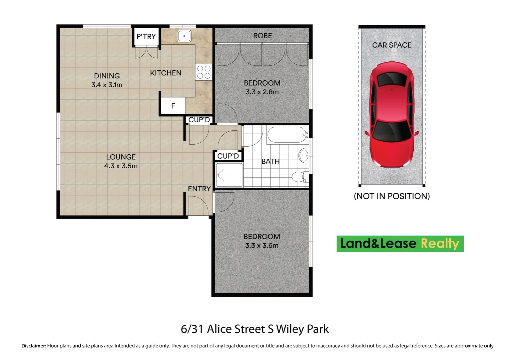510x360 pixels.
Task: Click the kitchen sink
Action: click(x=184, y=36)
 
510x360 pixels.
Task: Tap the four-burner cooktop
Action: click(x=204, y=72)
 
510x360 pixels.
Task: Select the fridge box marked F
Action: click(x=173, y=106)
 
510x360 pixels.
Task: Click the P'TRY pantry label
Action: click(x=146, y=37)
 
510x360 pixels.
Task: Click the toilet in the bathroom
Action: click(x=299, y=177)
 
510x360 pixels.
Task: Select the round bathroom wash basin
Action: click(x=304, y=155)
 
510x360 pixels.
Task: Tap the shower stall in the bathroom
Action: click(x=229, y=175)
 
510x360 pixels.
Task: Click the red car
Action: click(x=392, y=115)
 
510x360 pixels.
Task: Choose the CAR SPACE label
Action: click(x=392, y=45)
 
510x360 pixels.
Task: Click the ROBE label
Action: click(x=263, y=36)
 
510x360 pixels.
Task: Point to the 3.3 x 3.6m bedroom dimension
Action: click(x=262, y=246)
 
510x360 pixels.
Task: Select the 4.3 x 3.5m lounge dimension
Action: click(x=121, y=166)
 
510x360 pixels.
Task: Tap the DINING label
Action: click(x=107, y=76)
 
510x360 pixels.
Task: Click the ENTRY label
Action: click(x=199, y=189)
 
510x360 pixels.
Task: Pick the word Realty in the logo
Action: click(x=440, y=244)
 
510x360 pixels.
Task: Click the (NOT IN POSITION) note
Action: click(x=392, y=196)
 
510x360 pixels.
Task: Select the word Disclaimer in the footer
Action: click(x=34, y=346)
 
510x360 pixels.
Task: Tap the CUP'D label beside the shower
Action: click(x=228, y=156)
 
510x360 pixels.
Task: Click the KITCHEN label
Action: click(x=165, y=73)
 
